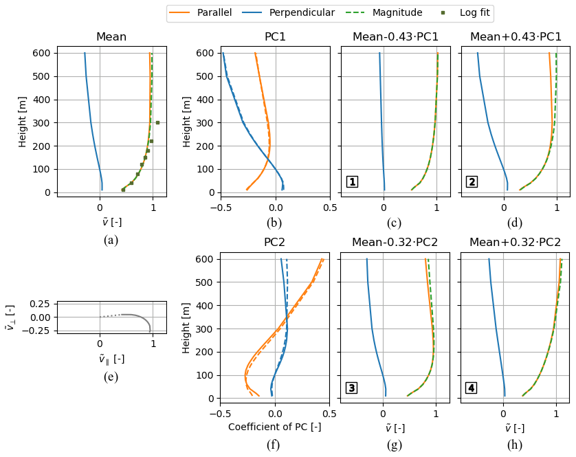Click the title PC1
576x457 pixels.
275,36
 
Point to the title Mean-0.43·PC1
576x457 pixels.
395,36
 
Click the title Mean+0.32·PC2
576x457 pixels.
516,243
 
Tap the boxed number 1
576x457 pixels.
352,182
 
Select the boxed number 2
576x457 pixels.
472,182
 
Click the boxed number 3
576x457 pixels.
351,388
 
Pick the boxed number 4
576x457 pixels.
472,388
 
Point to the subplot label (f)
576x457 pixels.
274,445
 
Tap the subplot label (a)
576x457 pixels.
111,240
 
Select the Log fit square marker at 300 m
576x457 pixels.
157,123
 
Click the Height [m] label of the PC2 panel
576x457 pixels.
187,327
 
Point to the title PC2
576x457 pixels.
274,243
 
